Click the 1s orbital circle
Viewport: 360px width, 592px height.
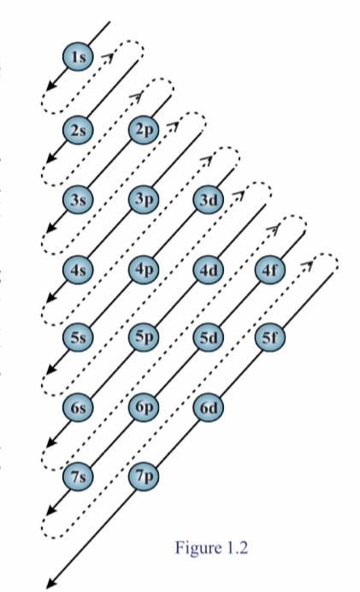coord(77,57)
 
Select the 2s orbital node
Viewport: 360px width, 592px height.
coord(77,130)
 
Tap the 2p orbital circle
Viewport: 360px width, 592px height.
coord(144,129)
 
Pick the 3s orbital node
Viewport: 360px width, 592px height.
coord(77,199)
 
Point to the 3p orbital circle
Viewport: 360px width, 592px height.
coord(144,198)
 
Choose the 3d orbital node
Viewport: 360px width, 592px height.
coord(209,199)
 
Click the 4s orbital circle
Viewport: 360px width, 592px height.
coord(77,269)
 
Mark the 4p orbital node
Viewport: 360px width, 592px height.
coord(144,269)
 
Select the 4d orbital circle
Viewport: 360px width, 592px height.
coord(209,269)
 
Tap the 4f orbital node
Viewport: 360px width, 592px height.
coord(270,269)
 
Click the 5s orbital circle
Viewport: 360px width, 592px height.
coord(77,337)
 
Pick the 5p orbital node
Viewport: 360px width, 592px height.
coord(144,336)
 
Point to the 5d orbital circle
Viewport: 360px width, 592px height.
coord(209,337)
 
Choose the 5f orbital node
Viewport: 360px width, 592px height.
coord(270,337)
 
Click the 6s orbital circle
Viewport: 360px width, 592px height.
coord(77,407)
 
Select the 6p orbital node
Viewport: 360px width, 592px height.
coord(144,406)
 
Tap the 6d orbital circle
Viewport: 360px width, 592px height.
coord(209,407)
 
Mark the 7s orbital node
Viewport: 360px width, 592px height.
coord(77,477)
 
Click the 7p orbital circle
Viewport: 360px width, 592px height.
coord(144,477)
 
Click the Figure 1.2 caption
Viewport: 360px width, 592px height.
coord(211,548)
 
